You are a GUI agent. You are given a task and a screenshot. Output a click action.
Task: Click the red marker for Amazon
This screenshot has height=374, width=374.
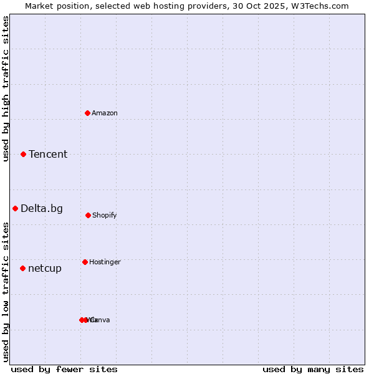(x=88, y=113)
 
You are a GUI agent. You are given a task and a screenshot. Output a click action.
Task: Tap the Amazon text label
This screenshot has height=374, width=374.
(x=105, y=113)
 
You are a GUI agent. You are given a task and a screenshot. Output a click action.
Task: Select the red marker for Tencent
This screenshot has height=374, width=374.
(x=24, y=154)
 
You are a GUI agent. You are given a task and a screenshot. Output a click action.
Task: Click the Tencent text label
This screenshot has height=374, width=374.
(x=48, y=155)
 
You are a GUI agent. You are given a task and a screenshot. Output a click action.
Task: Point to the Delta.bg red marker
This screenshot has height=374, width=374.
(x=16, y=208)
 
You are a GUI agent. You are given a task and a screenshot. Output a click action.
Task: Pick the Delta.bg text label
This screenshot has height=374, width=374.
(x=42, y=209)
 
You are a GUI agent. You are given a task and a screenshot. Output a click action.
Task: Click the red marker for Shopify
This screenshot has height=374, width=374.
(x=88, y=215)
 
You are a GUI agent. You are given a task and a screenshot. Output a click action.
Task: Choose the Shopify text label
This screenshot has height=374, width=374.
(x=105, y=216)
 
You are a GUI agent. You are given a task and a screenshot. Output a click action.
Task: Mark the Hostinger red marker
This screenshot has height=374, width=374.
(x=85, y=262)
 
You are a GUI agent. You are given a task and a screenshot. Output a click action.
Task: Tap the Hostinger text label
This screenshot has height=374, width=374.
(x=105, y=262)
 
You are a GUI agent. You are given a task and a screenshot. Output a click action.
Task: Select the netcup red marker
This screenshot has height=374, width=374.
(x=23, y=268)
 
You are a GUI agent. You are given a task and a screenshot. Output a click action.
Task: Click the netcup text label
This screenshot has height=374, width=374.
(x=45, y=269)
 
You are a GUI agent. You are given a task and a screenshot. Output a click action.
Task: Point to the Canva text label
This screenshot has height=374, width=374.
(x=101, y=320)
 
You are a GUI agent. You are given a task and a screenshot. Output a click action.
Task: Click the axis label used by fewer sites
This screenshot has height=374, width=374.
(x=64, y=370)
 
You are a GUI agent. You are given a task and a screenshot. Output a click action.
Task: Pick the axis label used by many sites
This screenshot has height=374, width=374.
(x=313, y=370)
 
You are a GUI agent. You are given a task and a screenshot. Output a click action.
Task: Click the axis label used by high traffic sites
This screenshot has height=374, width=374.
(x=6, y=89)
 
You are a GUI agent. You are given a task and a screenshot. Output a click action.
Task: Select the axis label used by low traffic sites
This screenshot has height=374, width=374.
(x=6, y=292)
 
